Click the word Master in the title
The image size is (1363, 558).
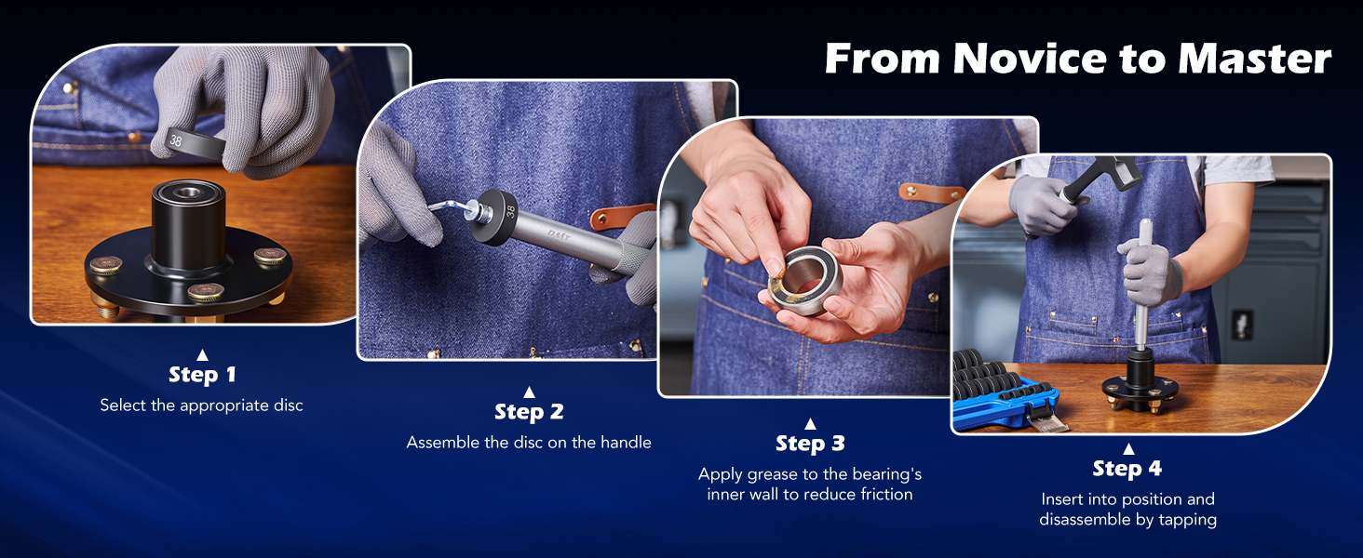coord(1254,59)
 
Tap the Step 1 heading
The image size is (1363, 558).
coord(202,375)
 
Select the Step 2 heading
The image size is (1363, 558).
coord(529,412)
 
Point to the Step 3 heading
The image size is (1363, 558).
coord(810,444)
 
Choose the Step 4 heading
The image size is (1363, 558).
coord(1127,468)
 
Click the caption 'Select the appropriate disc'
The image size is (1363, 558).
coord(202,405)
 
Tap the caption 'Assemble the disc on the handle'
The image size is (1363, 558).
coord(529,443)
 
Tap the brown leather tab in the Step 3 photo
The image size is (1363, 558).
coord(931,193)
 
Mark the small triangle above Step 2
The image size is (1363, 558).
coord(529,392)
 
